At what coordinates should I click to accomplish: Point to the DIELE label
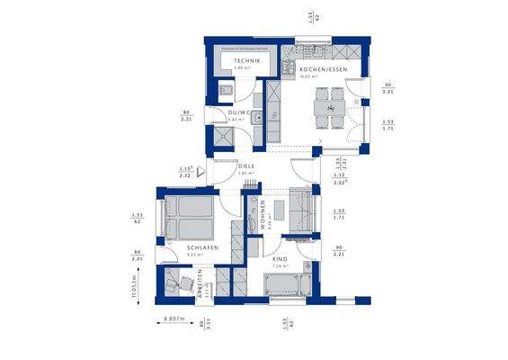pyautogui.click(x=246, y=166)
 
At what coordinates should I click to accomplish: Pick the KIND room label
pyautogui.click(x=281, y=259)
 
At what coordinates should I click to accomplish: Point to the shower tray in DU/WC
pyautogui.click(x=219, y=136)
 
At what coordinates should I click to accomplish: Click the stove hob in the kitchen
pyautogui.click(x=286, y=66)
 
